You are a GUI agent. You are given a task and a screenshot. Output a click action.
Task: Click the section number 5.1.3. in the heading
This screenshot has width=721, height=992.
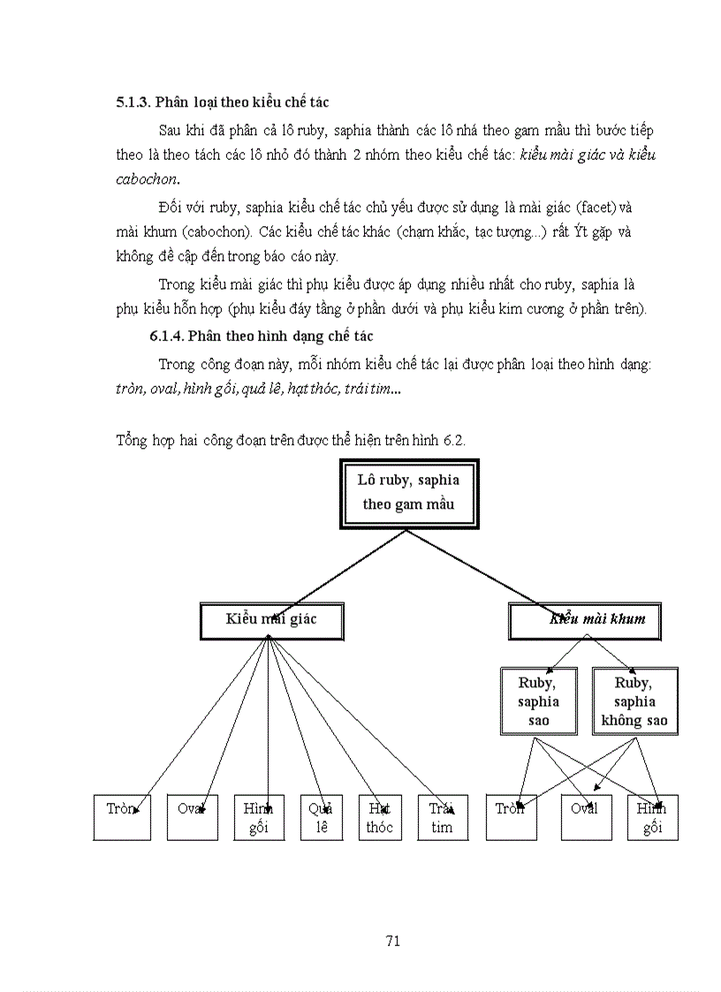(134, 103)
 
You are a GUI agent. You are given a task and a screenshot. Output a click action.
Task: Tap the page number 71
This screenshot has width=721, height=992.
(394, 940)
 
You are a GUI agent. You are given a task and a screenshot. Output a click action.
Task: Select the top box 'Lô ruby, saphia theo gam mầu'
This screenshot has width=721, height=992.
(407, 493)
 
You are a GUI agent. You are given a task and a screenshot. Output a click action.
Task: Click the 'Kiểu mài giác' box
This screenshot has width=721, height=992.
(271, 621)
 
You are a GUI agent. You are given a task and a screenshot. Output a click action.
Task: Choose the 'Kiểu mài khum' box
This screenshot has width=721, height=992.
(585, 621)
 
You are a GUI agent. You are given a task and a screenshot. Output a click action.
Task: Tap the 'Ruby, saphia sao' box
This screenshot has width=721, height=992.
(538, 701)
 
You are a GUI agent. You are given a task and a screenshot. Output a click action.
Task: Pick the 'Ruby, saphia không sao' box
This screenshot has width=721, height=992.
(634, 701)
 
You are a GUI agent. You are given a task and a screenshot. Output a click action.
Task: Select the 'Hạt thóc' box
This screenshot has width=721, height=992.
(379, 817)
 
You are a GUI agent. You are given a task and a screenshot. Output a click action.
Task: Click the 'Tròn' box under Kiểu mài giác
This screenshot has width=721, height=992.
(123, 817)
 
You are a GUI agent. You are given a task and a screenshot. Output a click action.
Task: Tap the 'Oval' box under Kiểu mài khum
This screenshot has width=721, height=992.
(586, 817)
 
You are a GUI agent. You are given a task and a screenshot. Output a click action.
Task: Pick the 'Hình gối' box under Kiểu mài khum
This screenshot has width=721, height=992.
(653, 817)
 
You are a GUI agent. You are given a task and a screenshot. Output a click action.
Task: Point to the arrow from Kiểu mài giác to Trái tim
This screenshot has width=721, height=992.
(353, 713)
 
